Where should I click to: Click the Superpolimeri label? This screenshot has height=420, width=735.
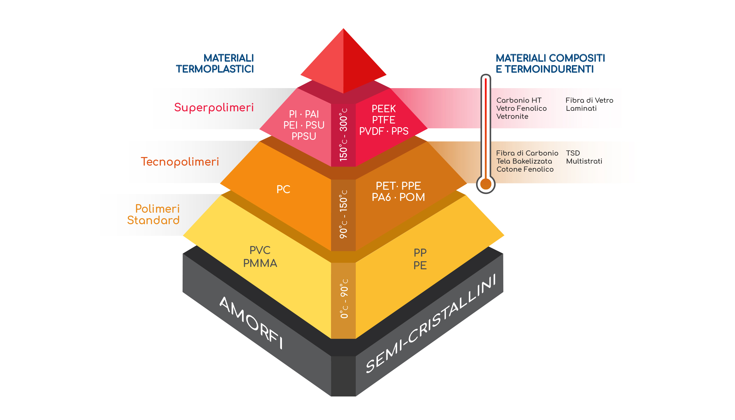tap(214, 108)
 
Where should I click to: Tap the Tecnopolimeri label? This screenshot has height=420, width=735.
tap(180, 162)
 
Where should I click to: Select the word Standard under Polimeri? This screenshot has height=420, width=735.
tap(153, 220)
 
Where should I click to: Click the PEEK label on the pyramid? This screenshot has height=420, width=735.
tap(384, 109)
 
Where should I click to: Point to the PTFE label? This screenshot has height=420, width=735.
tap(384, 120)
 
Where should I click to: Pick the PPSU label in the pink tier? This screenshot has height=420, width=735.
tap(304, 136)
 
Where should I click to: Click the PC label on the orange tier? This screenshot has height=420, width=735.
tap(283, 189)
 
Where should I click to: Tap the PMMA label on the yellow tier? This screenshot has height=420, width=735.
tap(260, 263)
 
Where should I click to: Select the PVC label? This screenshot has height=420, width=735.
tap(260, 250)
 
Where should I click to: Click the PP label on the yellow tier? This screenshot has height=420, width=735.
tap(420, 253)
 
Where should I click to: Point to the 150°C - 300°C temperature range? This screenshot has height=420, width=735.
tap(343, 135)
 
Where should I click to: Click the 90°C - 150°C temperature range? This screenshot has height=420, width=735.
tap(343, 214)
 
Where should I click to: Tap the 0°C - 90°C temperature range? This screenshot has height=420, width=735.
tap(344, 299)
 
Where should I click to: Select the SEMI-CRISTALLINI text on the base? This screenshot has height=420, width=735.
tap(431, 323)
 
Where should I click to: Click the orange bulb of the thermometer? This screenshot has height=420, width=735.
tap(486, 184)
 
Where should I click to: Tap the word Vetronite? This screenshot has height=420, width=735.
tap(512, 117)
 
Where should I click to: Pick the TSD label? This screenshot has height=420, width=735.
tap(573, 153)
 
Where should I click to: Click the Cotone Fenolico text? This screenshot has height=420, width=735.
tap(525, 169)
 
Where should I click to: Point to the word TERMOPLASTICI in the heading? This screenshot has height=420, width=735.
tap(215, 69)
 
